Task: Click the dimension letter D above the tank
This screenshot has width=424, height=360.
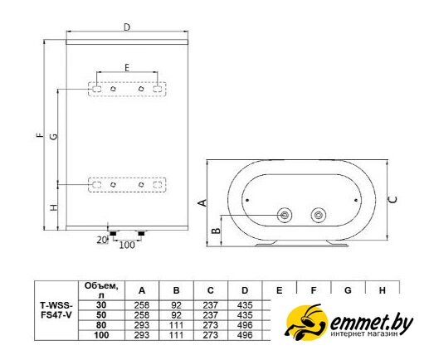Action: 127,27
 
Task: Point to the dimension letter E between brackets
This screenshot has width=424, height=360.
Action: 127,67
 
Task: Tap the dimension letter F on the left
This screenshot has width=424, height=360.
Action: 41,135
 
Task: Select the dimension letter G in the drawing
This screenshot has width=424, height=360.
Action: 54,136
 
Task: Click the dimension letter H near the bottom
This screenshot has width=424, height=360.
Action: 54,207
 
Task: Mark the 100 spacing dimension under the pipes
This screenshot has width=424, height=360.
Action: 127,245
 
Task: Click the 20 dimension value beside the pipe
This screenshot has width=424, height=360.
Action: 102,240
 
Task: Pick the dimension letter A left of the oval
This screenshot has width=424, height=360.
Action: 203,202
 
